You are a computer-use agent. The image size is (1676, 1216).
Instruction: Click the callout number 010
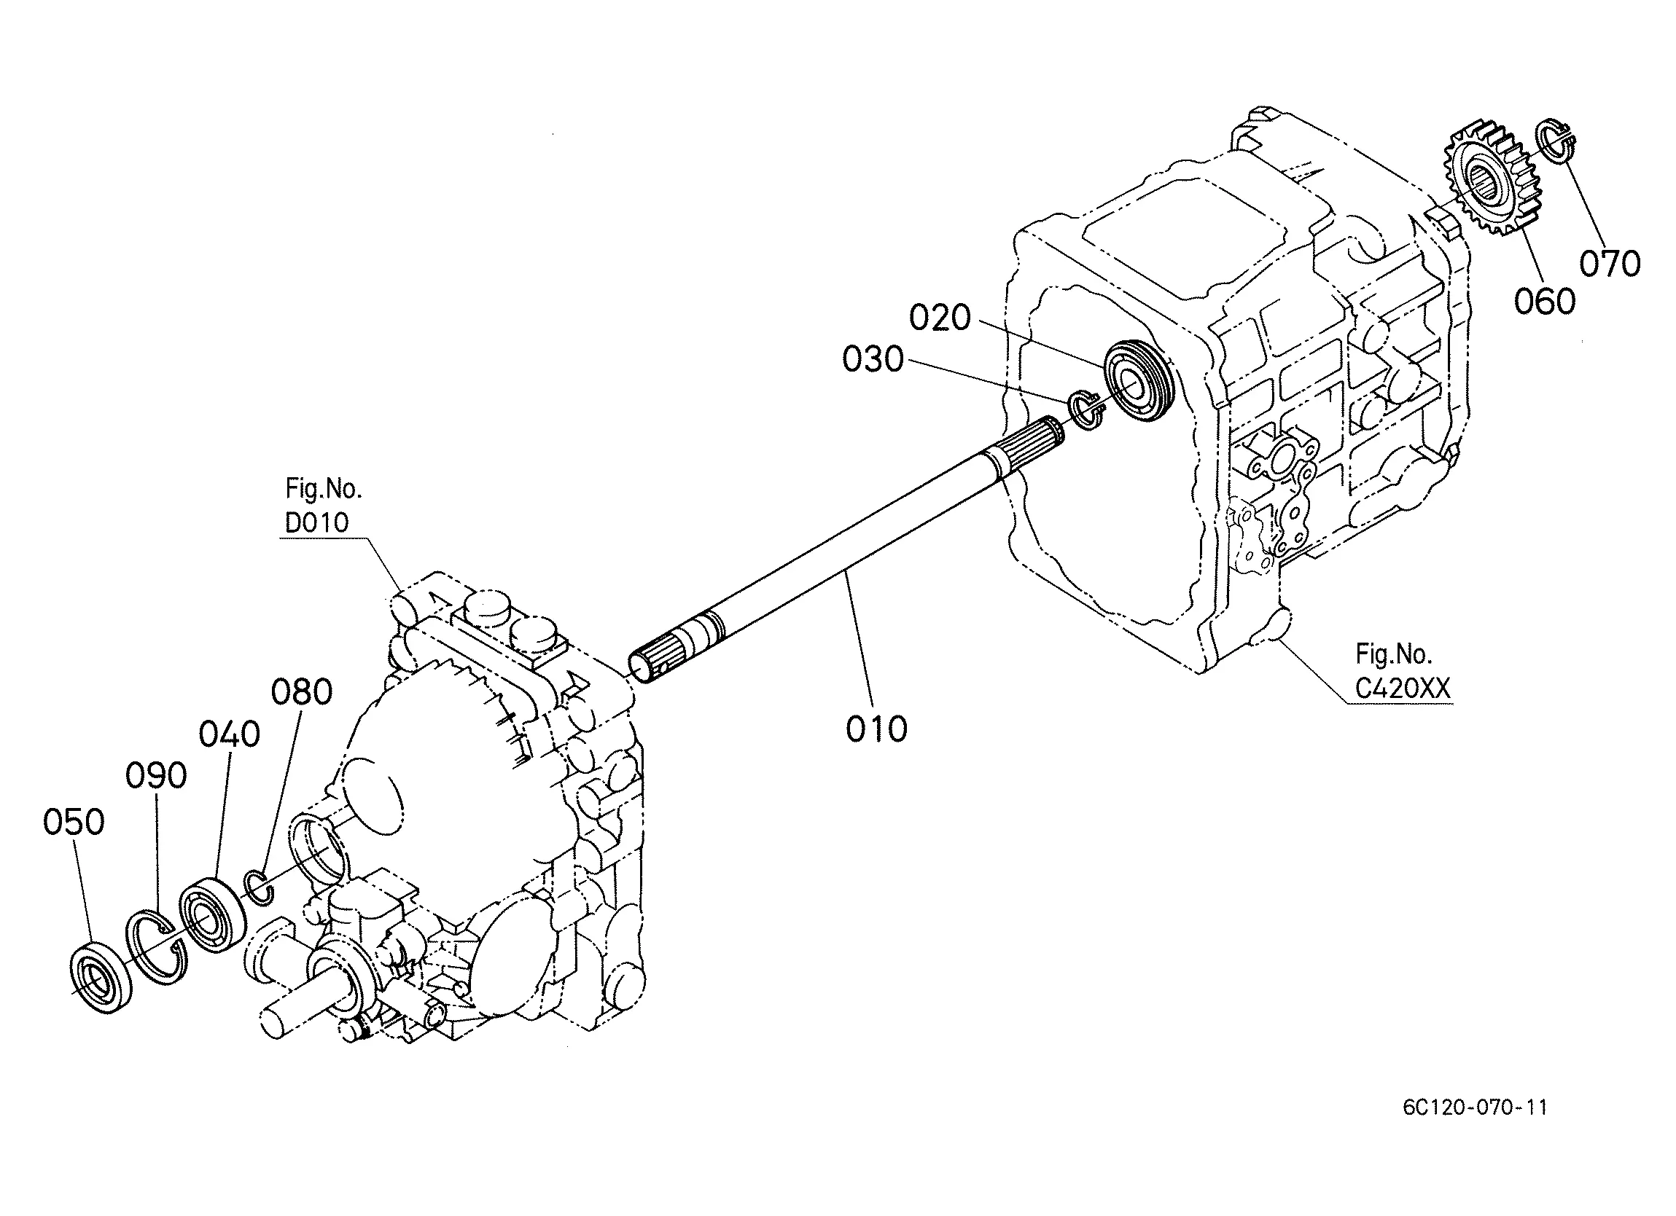(x=876, y=729)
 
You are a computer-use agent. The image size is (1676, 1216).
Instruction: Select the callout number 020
(x=939, y=318)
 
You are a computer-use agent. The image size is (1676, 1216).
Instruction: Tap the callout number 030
(x=873, y=360)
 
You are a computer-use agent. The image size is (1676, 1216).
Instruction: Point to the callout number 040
(x=229, y=734)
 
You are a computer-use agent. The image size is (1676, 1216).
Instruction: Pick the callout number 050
(x=73, y=823)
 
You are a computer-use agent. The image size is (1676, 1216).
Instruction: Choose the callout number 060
(x=1545, y=302)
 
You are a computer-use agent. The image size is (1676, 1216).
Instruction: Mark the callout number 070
(x=1610, y=263)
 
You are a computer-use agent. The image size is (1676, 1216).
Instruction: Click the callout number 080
(x=302, y=692)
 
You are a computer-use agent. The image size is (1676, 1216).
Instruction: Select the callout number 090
(x=156, y=777)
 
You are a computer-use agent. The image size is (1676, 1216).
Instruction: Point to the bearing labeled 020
(x=1137, y=380)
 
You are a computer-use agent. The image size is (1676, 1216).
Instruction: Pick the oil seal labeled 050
(x=102, y=978)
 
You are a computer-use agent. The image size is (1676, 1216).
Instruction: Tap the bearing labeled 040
(x=212, y=914)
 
